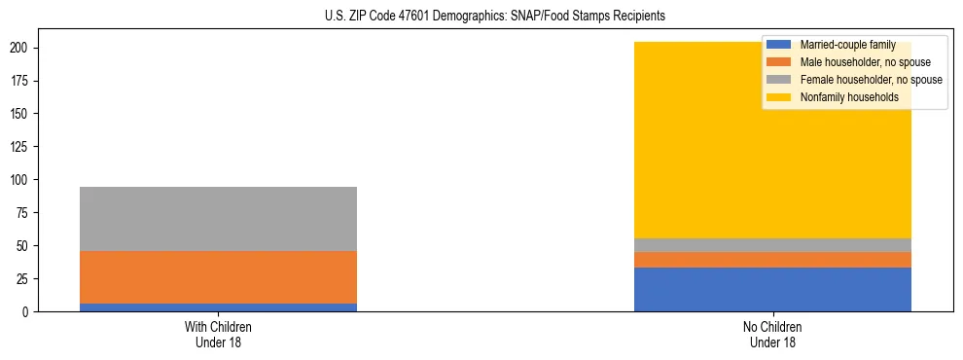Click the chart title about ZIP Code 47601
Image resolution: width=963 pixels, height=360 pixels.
(x=495, y=17)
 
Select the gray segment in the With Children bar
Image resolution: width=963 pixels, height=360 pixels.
(x=218, y=219)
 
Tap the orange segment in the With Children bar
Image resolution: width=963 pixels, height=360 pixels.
(x=218, y=277)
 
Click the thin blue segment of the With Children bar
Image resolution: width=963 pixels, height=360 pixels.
(x=218, y=307)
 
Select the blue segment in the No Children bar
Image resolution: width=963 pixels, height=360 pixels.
(x=772, y=290)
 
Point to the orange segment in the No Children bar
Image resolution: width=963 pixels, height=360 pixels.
(x=772, y=260)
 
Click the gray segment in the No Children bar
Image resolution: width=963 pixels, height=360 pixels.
(x=772, y=245)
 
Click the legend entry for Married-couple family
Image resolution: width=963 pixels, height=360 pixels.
(x=847, y=45)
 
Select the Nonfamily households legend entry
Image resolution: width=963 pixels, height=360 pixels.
(x=849, y=97)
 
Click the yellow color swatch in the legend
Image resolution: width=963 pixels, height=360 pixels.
(x=779, y=97)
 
